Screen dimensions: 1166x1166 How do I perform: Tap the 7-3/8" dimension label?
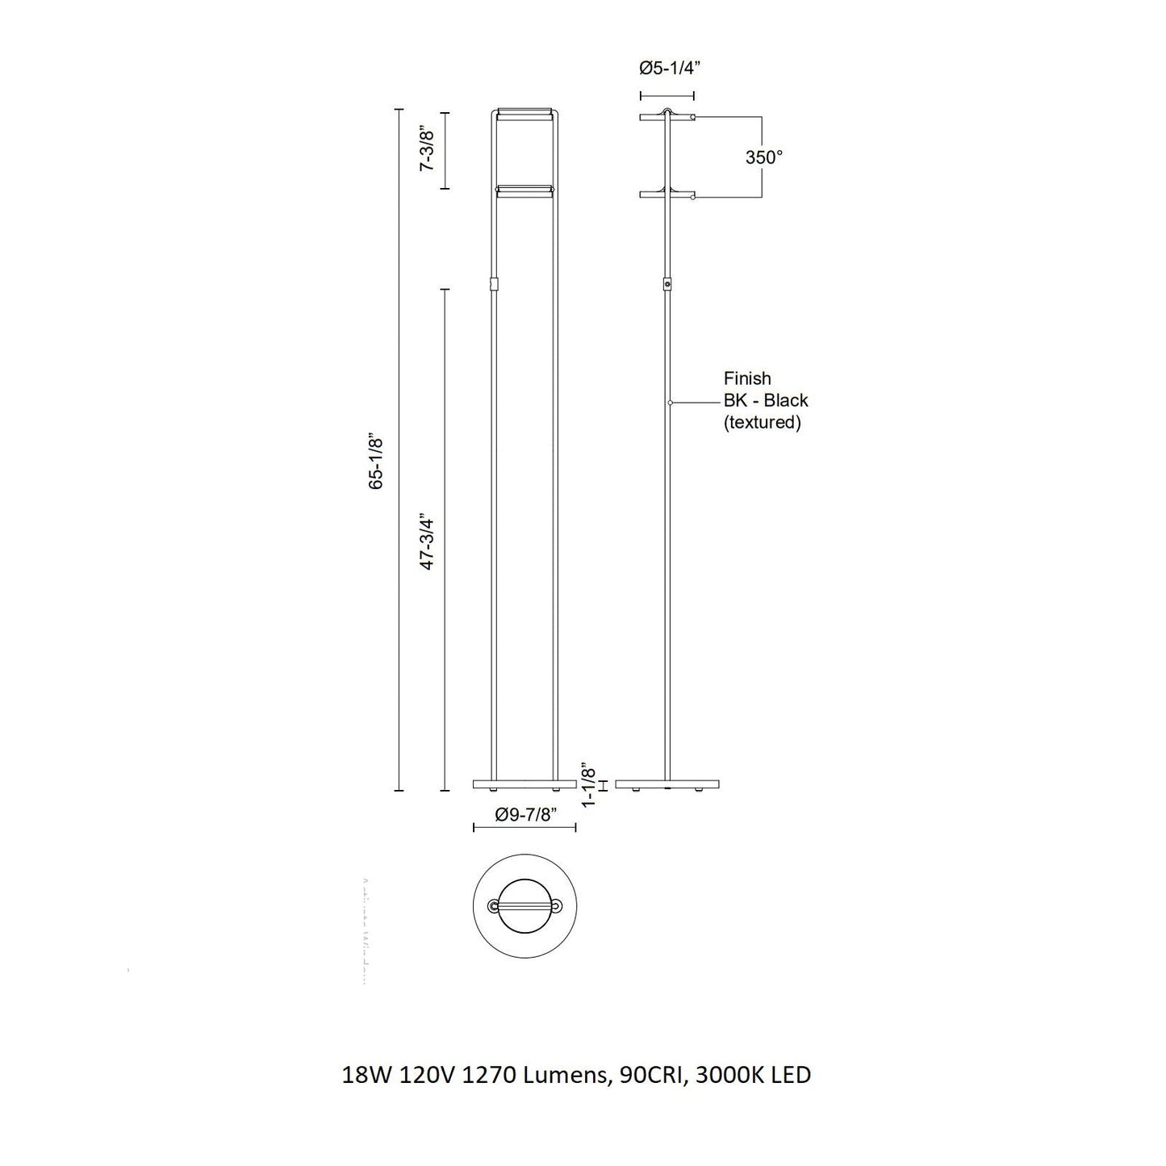point(428,150)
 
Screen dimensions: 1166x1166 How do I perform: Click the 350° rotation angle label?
point(763,157)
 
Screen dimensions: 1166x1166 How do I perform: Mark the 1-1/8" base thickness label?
point(589,783)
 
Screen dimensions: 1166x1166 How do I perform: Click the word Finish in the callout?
point(747,378)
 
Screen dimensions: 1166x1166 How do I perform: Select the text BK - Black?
point(765,400)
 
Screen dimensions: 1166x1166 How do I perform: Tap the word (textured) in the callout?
point(762,422)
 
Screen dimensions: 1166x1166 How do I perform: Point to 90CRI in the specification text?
point(642,1075)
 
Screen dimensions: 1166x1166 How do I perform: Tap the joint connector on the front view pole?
point(495,285)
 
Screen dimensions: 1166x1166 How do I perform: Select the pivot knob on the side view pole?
point(667,285)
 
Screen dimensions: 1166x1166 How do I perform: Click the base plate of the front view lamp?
point(524,784)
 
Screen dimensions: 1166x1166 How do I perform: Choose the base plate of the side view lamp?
point(667,784)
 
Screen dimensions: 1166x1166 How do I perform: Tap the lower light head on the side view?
point(667,194)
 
